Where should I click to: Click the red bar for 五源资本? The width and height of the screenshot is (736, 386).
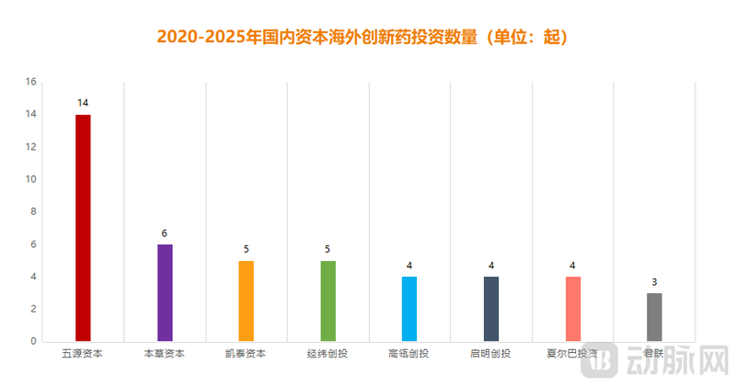point(83,228)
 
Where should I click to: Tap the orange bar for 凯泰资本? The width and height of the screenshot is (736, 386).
point(246,301)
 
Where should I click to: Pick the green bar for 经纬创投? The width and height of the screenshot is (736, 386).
point(328,301)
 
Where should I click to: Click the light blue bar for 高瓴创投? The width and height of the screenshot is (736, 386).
point(409,309)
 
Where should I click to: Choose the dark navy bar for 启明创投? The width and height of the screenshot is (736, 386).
point(491,309)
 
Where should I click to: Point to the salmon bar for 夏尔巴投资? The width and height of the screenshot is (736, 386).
point(572,309)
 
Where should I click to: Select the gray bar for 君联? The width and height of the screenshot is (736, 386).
point(654,317)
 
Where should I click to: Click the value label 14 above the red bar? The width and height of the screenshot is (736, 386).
point(83,102)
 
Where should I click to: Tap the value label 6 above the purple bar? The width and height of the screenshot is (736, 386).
point(165,233)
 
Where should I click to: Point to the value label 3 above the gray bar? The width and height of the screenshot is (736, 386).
point(654,281)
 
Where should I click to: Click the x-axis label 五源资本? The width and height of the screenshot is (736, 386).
point(83,353)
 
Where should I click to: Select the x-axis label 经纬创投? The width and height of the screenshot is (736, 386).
point(328,353)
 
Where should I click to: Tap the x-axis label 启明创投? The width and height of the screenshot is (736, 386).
point(491,353)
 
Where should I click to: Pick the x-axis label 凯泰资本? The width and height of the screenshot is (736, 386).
point(246,353)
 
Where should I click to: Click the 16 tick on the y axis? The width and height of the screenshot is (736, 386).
point(30,82)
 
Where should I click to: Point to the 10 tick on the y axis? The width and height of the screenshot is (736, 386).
point(30,179)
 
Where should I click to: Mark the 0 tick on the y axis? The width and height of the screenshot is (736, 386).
point(33,341)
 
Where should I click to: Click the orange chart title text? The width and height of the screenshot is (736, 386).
point(367,38)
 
